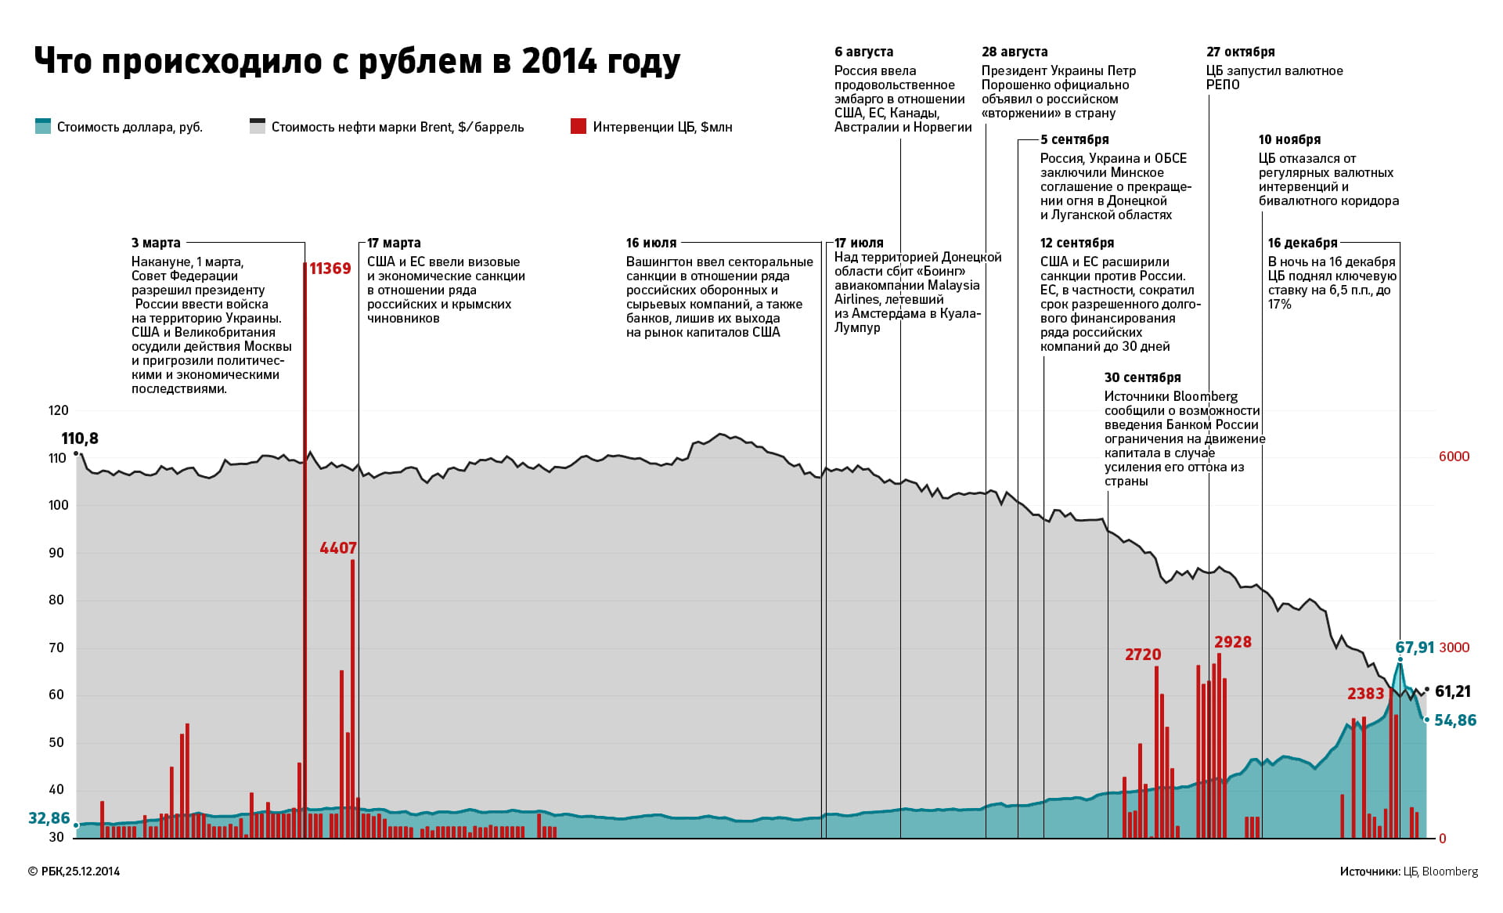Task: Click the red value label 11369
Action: point(330,269)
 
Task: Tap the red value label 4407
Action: point(338,548)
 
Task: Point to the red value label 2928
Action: point(1233,642)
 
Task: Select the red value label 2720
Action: point(1143,655)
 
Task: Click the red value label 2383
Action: point(1366,694)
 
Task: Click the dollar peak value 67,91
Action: point(1415,648)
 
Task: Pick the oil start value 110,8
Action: point(80,438)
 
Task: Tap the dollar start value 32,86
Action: point(49,818)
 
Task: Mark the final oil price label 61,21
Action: point(1453,691)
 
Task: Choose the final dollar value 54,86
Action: point(1455,720)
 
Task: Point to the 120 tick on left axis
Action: point(59,410)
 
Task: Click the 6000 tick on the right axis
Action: point(1454,456)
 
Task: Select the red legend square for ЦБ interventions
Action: point(578,126)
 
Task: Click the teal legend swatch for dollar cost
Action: point(43,126)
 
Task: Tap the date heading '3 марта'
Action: point(156,243)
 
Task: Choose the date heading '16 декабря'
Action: point(1303,243)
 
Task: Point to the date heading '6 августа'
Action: point(863,52)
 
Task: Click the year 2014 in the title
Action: point(554,61)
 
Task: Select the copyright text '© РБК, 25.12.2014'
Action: point(74,871)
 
